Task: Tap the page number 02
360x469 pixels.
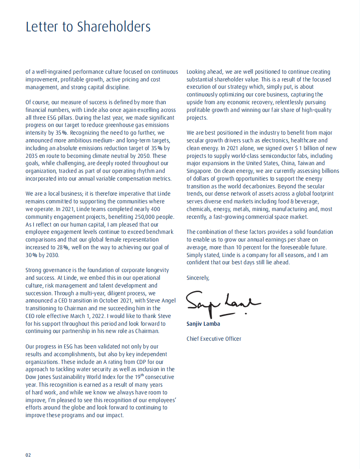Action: pos(28,455)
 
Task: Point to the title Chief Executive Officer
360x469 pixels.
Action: pos(214,338)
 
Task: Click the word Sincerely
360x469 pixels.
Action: pos(198,277)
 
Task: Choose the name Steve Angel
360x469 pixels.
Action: pos(137,301)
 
